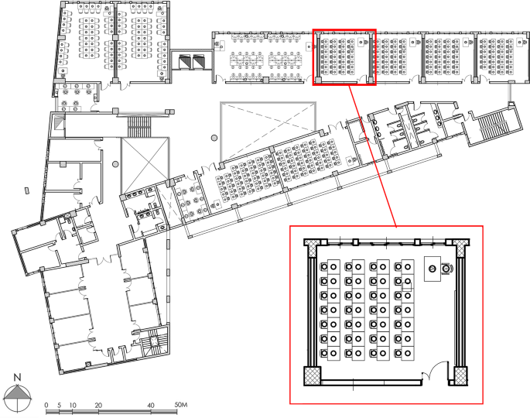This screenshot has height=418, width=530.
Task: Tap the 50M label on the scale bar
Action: tap(183, 405)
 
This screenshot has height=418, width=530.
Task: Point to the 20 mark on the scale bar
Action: tap(98, 405)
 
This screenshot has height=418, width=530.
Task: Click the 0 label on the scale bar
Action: tap(46, 405)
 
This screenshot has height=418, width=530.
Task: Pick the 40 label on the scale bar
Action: tap(151, 405)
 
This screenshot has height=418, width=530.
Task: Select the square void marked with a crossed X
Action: tap(145, 159)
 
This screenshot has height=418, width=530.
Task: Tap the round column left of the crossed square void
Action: tap(115, 164)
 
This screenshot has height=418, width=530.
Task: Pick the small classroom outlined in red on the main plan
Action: tap(344, 57)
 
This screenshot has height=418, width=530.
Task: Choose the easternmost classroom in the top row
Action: tap(498, 57)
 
